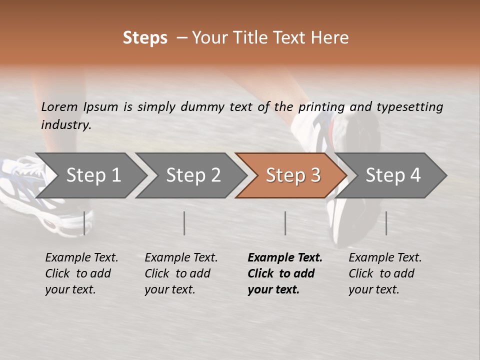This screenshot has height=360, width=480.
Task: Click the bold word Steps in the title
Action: (145, 38)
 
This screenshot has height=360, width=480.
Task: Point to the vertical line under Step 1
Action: (84, 223)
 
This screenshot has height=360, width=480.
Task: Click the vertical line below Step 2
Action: (184, 223)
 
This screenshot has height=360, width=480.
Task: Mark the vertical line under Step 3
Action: (285, 223)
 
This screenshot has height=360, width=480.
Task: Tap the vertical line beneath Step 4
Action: (386, 223)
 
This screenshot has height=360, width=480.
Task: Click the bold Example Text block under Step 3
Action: (284, 273)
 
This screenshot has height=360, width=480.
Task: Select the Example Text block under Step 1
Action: (81, 273)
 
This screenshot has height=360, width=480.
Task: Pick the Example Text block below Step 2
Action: (181, 273)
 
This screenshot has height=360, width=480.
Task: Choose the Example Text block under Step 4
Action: (385, 273)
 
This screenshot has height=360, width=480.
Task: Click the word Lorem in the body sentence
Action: (59, 107)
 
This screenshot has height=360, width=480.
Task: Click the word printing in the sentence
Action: (321, 107)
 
